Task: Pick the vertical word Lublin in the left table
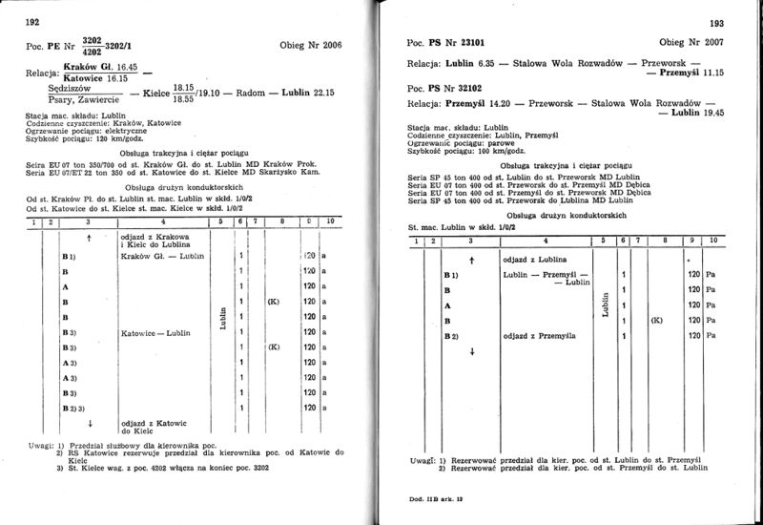point(221,319)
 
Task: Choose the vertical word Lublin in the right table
point(606,305)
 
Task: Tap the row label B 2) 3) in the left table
point(73,408)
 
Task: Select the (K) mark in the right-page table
point(656,322)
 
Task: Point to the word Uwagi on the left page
point(41,445)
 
